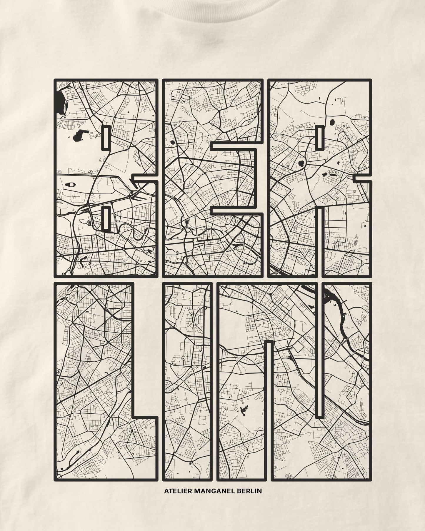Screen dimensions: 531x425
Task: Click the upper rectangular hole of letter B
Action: [x=106, y=137]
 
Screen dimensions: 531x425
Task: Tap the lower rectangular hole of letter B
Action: [x=106, y=218]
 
